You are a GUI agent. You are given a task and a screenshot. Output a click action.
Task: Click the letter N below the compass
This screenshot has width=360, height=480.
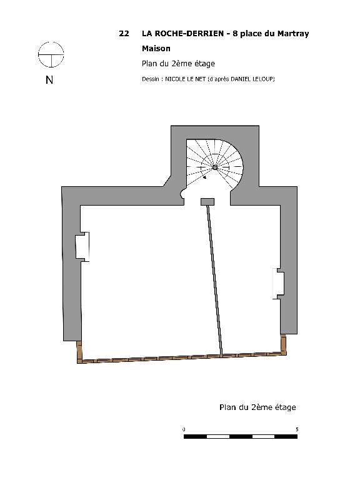point(49,80)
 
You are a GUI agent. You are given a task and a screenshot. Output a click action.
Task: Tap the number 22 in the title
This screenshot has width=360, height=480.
point(124,33)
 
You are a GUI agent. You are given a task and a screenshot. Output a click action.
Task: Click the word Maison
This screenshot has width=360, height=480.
point(156,48)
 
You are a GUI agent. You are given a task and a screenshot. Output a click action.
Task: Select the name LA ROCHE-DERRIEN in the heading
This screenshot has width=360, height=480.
point(182,33)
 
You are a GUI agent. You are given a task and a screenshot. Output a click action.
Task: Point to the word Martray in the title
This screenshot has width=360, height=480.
point(293,34)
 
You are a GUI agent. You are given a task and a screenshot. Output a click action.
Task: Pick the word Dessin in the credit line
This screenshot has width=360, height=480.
point(150,79)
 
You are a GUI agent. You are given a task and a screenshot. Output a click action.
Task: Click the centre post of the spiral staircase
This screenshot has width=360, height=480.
point(215,167)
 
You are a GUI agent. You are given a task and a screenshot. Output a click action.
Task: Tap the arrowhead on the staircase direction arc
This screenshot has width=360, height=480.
point(204,177)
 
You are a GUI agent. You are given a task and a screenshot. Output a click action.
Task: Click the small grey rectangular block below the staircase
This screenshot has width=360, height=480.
point(207,202)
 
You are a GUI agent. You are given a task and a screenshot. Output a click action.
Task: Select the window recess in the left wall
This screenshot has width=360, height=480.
point(82,246)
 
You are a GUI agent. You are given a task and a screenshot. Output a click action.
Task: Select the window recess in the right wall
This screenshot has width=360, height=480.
point(278,284)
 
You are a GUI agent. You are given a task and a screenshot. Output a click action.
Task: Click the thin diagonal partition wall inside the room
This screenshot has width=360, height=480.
point(215,280)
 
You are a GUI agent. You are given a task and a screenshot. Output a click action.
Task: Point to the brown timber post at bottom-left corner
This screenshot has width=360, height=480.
point(79,352)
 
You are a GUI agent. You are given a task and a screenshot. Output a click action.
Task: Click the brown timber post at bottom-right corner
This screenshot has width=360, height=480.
point(284,344)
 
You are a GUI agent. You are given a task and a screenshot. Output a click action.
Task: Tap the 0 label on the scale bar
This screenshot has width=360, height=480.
point(184,429)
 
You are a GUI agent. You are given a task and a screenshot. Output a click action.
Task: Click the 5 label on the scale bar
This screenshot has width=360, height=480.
point(297,429)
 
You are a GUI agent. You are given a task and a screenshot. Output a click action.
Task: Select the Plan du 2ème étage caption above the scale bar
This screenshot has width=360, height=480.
point(257,407)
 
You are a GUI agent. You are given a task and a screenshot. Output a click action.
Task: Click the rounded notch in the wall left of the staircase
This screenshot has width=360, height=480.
point(182,194)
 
